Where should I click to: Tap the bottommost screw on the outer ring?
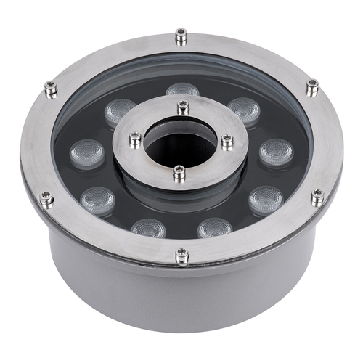tap(181, 255)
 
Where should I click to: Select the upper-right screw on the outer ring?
tap(312, 87)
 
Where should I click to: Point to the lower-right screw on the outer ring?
tap(317, 196)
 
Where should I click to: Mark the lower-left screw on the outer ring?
tap(46, 198)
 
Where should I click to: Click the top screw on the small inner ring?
tap(183, 107)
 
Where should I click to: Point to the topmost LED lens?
tap(182, 91)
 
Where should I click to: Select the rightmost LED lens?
tap(277, 152)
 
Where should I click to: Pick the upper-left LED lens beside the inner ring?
tap(120, 111)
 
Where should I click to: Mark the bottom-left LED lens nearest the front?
tap(148, 228)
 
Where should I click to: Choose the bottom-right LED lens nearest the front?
tap(215, 228)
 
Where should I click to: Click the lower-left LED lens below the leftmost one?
tap(98, 200)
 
